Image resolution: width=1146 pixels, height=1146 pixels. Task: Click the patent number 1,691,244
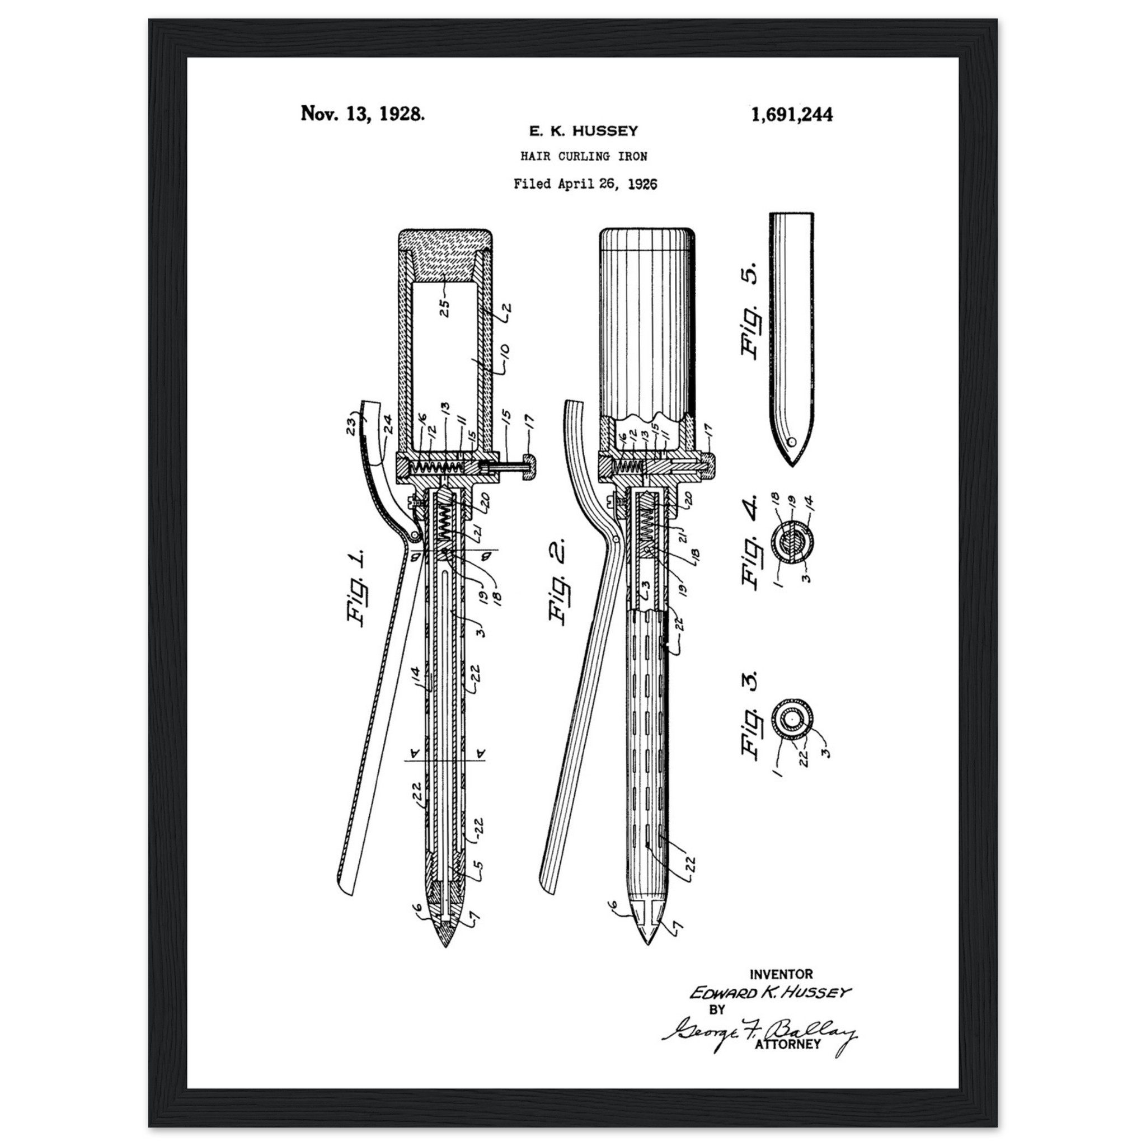(x=791, y=115)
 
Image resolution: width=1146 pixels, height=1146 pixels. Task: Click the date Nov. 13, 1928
(x=363, y=113)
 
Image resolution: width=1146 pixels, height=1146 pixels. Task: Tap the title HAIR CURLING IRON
(x=584, y=157)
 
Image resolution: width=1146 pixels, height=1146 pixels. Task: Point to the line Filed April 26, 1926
(x=585, y=184)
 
